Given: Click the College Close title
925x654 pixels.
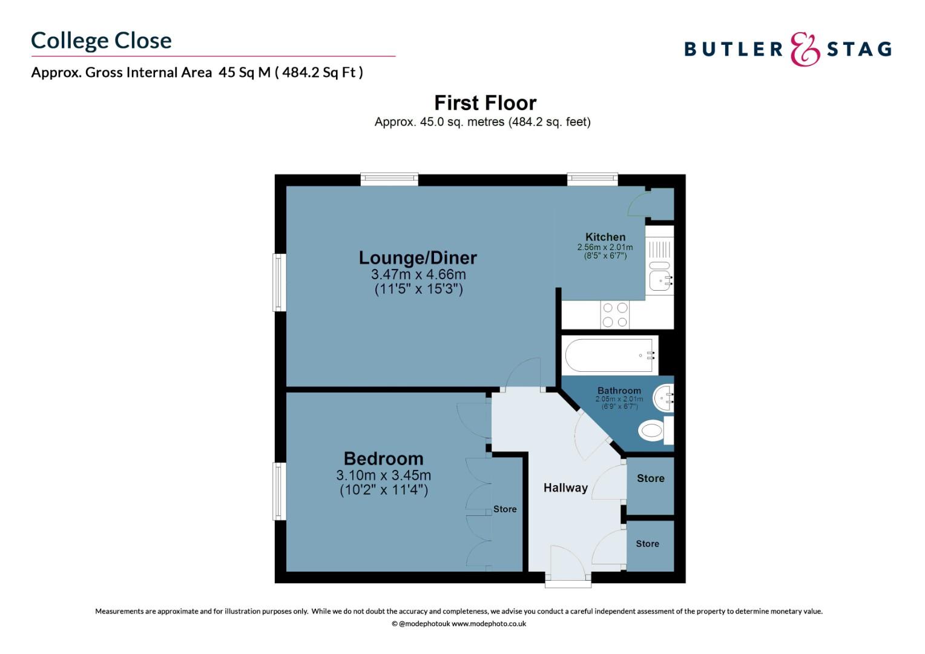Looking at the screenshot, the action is point(101,41).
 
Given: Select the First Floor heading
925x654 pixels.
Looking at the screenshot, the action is point(486,103).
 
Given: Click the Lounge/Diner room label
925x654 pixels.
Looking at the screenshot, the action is point(418,258).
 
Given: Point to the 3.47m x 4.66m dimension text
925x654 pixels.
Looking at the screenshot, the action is point(418,274).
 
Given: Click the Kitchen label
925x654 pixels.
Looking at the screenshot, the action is point(605,237).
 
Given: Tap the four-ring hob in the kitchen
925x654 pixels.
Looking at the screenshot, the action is point(615,315).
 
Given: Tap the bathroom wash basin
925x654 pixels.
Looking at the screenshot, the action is point(663,398).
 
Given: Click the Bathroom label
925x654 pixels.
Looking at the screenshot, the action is point(619,391).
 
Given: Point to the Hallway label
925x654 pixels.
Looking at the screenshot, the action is point(565,487).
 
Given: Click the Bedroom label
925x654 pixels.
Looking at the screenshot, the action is point(384,458).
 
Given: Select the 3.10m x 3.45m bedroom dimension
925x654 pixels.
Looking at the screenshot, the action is point(383,475).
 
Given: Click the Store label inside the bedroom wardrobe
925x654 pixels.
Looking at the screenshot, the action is point(505,509).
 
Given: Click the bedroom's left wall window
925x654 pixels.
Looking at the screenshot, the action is point(280,491).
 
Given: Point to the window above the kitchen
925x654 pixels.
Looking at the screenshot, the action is point(592,179).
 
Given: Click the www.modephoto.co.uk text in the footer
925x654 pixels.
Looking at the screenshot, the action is point(489,624).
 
